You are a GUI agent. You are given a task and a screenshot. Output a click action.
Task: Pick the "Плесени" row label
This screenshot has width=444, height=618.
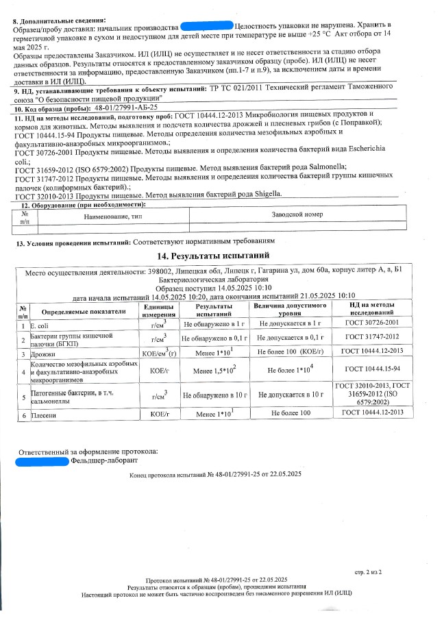43,415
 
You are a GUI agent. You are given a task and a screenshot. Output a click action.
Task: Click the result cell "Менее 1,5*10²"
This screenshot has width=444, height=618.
214,369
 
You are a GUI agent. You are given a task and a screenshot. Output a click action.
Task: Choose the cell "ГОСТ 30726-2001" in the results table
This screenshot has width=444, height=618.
373,323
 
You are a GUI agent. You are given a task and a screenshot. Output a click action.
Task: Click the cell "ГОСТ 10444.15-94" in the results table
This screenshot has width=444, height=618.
373,369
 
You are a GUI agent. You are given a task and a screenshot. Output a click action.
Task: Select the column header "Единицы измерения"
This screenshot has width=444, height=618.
158,309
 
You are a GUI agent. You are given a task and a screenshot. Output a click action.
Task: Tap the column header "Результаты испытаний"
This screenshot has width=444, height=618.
214,309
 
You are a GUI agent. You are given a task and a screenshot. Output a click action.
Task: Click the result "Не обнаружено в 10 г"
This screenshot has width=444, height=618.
214,395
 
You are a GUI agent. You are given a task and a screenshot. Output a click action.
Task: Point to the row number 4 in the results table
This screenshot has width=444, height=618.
23,371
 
